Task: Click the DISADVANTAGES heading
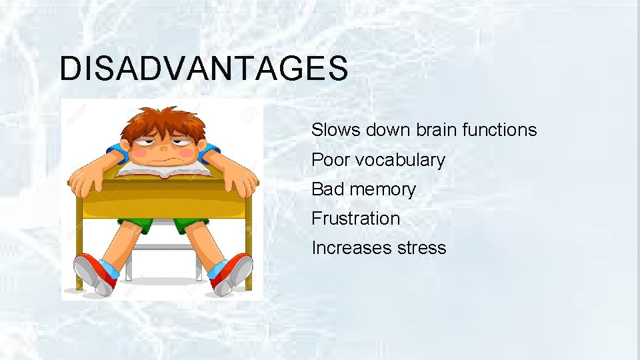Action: click(x=203, y=69)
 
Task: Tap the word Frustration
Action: click(x=355, y=219)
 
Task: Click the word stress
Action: click(x=421, y=248)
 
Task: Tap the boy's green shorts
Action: click(x=163, y=225)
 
